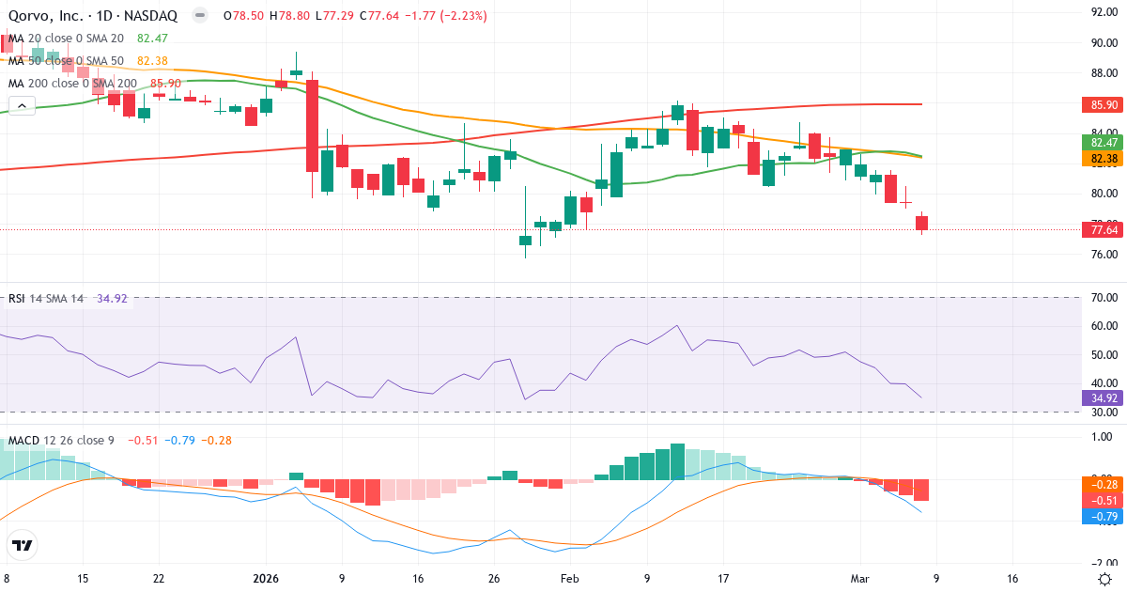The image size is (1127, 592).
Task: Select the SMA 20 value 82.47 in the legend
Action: pos(152,38)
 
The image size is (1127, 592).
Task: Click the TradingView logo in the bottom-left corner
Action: pos(23,545)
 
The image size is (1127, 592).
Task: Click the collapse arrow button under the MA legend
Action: pos(22,106)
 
